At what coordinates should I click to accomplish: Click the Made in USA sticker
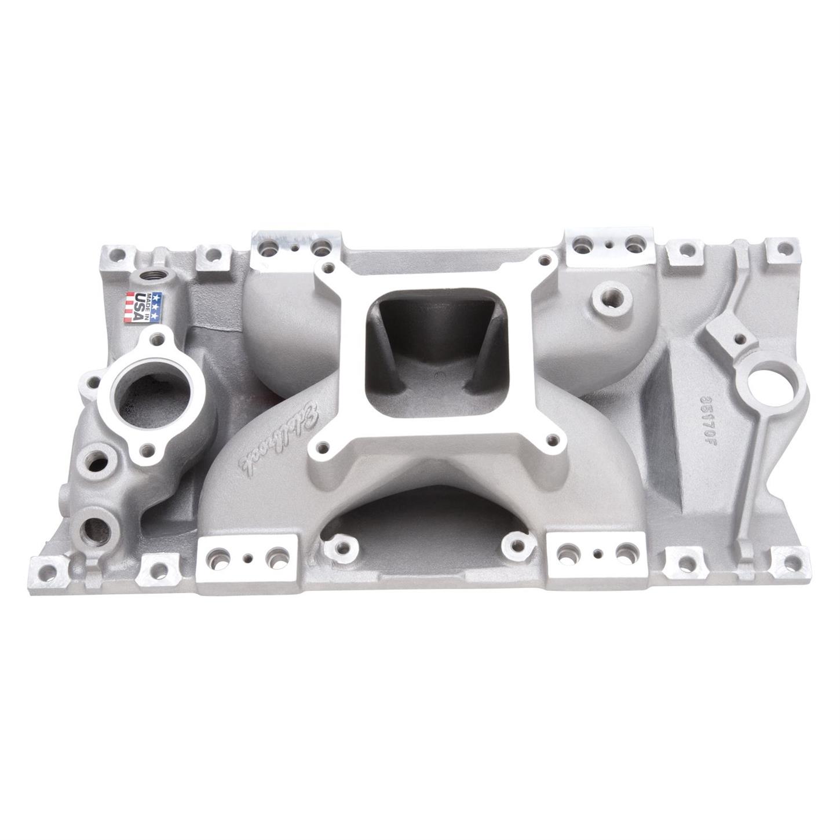coord(143,307)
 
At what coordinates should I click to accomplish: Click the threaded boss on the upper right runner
coord(611,301)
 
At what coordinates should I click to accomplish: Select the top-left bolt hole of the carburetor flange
coord(328,267)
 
